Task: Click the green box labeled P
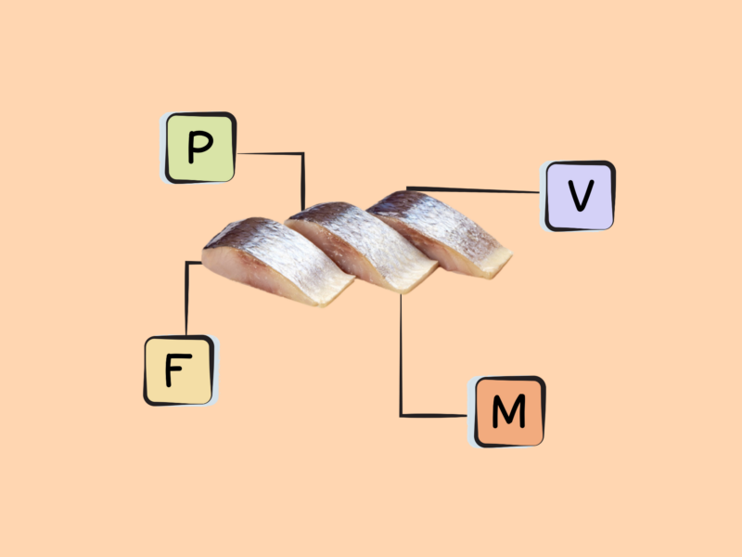200,148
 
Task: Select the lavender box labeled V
579,196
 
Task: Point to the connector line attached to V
473,190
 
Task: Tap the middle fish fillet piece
362,246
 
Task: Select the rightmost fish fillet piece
440,233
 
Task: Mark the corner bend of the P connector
303,153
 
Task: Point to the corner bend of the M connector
401,416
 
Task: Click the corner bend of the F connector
187,263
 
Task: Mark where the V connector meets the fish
407,189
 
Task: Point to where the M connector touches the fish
401,294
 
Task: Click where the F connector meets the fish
202,262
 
